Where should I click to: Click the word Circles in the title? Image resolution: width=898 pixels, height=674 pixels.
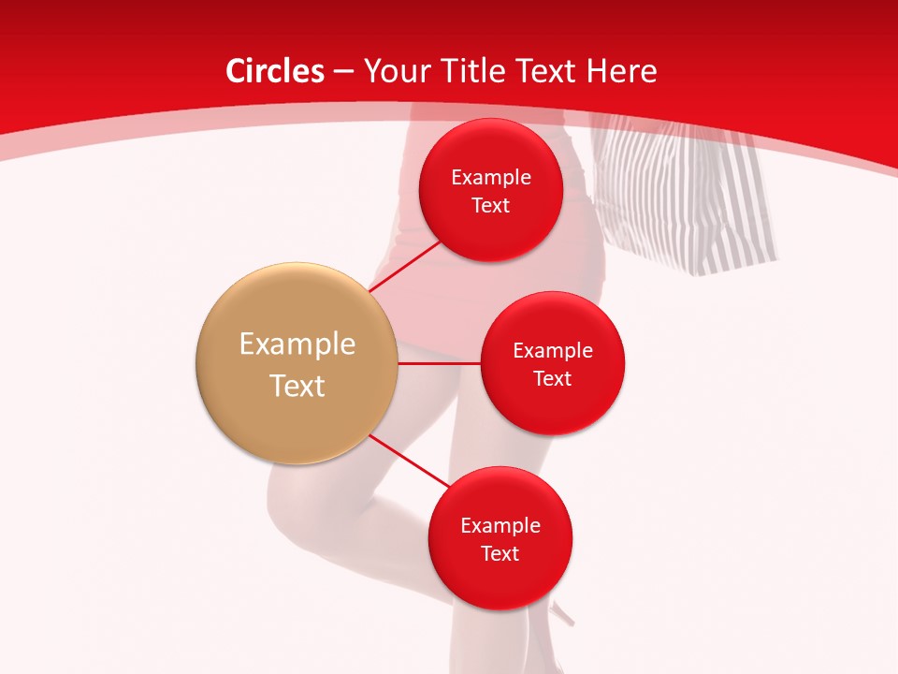coord(275,71)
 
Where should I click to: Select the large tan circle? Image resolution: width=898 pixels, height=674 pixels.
coord(297,363)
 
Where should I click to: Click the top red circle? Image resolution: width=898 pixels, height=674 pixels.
coord(490,191)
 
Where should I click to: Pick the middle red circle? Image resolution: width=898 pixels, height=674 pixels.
coord(552,364)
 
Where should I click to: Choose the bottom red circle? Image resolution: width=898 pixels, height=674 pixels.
coord(500,539)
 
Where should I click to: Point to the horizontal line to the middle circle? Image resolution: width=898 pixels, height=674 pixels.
coord(439,363)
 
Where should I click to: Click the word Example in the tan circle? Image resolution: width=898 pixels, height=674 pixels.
coord(297,344)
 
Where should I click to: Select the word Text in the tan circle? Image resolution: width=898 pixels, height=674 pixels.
coord(297,386)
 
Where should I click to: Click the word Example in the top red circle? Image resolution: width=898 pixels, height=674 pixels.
coord(490,178)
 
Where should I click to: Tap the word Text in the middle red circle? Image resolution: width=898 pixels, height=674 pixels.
coord(552,379)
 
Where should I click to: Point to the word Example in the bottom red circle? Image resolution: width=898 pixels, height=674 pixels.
coord(500,526)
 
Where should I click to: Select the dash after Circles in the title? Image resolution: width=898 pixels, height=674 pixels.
coord(342,72)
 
